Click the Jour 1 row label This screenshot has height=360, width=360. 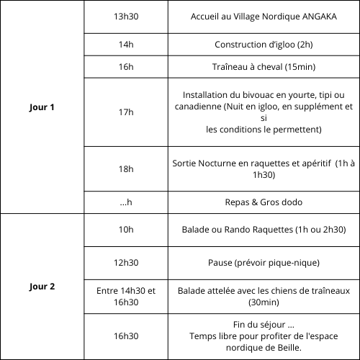tap(42, 107)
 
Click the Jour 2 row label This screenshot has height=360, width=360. tap(42, 286)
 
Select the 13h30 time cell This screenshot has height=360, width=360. tap(126, 17)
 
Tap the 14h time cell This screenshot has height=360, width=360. tap(126, 45)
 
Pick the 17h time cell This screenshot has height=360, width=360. tap(126, 112)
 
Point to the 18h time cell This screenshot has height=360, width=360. tap(126, 168)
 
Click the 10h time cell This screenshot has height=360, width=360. tap(126, 230)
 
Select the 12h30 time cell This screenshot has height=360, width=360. tap(126, 262)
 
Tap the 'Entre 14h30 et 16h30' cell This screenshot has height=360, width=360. tap(126, 296)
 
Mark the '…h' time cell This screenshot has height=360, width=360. tap(126, 202)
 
